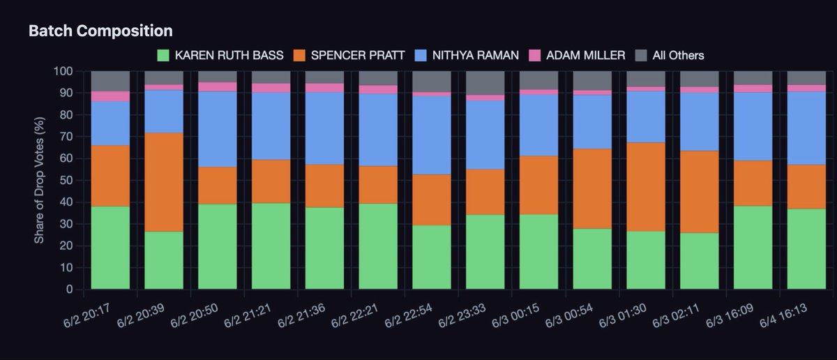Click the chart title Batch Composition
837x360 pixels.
pyautogui.click(x=100, y=31)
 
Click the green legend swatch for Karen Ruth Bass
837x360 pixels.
pyautogui.click(x=163, y=55)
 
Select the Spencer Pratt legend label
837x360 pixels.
pyautogui.click(x=358, y=55)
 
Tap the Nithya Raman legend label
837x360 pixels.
pyautogui.click(x=475, y=55)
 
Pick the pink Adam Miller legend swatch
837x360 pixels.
pyautogui.click(x=535, y=55)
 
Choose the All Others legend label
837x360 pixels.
pyautogui.click(x=678, y=55)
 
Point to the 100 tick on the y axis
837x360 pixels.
pyautogui.click(x=63, y=71)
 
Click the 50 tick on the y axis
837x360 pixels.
pyautogui.click(x=66, y=180)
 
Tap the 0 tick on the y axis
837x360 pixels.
pyautogui.click(x=70, y=290)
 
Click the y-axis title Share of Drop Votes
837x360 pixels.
pyautogui.click(x=39, y=180)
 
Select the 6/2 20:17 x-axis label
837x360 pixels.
pyautogui.click(x=87, y=316)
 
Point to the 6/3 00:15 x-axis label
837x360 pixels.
pyautogui.click(x=515, y=316)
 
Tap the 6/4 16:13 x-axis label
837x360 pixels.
pyautogui.click(x=783, y=316)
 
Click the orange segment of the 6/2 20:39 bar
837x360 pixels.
pyautogui.click(x=164, y=182)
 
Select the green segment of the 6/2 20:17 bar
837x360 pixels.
pyautogui.click(x=110, y=248)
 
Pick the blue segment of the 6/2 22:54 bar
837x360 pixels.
pyautogui.click(x=432, y=135)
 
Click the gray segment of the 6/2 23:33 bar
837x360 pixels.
pyautogui.click(x=485, y=83)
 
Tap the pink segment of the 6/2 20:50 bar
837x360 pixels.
pyautogui.click(x=218, y=87)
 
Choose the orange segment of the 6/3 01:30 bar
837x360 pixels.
pyautogui.click(x=646, y=187)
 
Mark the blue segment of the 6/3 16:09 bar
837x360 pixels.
pyautogui.click(x=753, y=127)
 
